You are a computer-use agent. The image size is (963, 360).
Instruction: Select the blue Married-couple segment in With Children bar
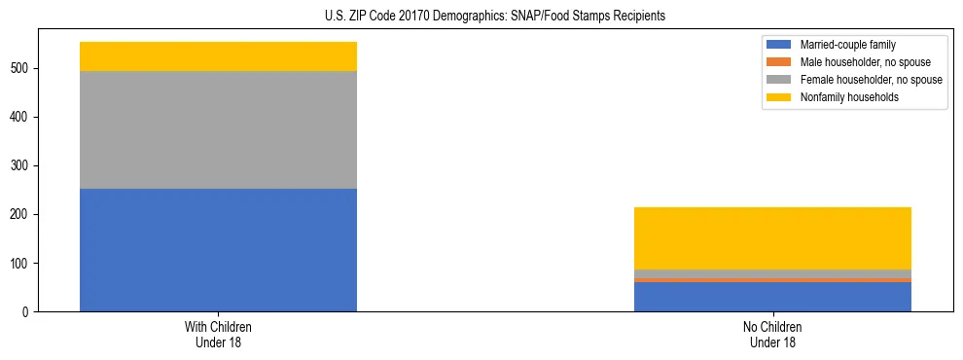tap(218, 250)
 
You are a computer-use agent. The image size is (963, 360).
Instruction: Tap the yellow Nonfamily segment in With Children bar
tap(218, 56)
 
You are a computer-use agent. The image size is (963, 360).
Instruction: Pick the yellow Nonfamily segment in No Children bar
tap(772, 238)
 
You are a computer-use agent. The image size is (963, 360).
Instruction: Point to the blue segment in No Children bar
tap(772, 297)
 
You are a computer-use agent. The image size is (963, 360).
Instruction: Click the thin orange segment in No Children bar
tap(772, 280)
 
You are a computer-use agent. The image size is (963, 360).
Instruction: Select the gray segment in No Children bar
tap(772, 273)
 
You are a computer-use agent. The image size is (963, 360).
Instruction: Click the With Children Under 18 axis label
tap(218, 334)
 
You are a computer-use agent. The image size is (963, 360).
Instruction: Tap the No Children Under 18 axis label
tap(772, 334)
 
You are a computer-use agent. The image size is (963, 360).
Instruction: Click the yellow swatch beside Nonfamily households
tap(780, 97)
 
